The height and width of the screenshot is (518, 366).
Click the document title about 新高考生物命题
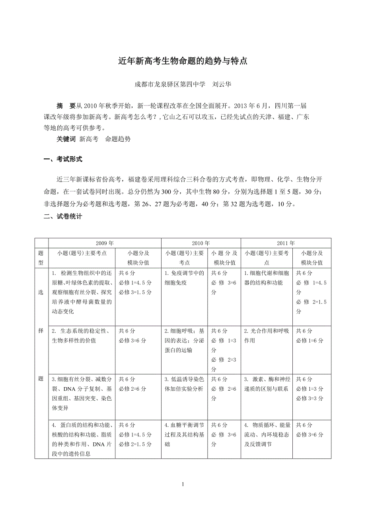(x=183, y=61)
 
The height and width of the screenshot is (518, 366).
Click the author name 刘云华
(x=222, y=84)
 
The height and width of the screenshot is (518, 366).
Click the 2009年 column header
(x=105, y=243)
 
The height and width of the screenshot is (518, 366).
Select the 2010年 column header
(x=201, y=243)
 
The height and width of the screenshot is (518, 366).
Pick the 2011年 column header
(x=286, y=243)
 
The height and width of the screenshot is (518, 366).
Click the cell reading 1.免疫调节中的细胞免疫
(x=184, y=278)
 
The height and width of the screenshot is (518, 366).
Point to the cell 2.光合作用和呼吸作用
(x=267, y=335)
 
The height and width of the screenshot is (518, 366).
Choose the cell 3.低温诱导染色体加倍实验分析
(x=184, y=384)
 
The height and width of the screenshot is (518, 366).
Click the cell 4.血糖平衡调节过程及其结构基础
(x=184, y=434)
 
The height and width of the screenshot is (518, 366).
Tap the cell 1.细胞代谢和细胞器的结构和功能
(x=267, y=278)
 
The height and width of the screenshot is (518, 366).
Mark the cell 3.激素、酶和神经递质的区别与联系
(x=267, y=384)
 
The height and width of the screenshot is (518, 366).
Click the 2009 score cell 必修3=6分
(x=132, y=341)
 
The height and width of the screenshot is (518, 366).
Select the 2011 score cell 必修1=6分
(x=310, y=341)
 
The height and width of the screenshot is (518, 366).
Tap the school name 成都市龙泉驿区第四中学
(x=170, y=84)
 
